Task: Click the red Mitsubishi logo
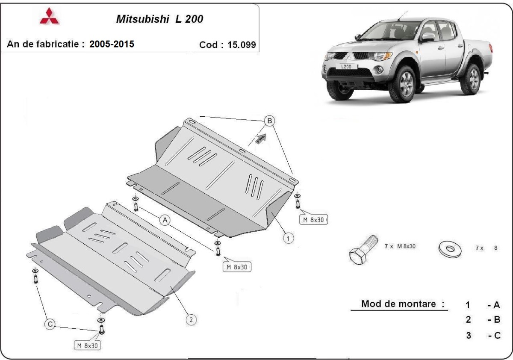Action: point(50,17)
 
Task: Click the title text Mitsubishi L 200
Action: point(160,20)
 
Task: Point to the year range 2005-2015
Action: point(112,44)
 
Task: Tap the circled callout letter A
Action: point(165,220)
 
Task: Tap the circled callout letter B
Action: point(269,121)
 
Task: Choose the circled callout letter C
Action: point(50,325)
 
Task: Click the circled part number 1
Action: point(289,238)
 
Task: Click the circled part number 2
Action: point(191,319)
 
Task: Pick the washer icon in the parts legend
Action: point(450,248)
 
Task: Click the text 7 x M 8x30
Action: point(401,247)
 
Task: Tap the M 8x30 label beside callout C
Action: point(88,345)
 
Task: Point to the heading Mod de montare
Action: point(403,304)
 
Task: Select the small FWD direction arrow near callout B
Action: point(260,138)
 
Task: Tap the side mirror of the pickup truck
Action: point(428,37)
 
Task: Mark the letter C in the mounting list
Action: point(496,335)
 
